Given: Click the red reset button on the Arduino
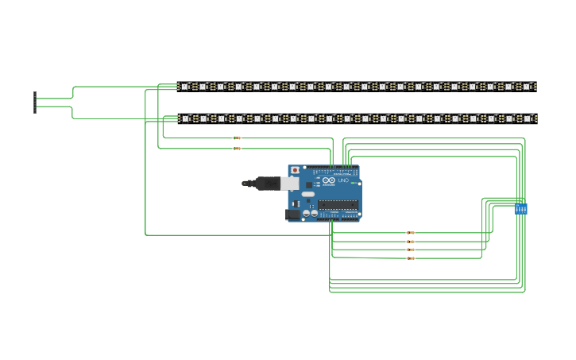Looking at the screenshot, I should (x=296, y=170).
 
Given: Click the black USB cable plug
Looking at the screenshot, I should (x=261, y=184).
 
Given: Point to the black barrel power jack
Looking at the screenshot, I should (x=292, y=213).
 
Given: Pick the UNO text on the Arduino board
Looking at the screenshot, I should (x=344, y=183).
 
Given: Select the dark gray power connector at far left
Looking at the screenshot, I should (x=35, y=103).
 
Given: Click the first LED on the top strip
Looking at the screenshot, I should (x=184, y=87).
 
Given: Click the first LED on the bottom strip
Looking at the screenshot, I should (x=184, y=118).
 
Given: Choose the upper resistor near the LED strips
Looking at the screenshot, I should (x=236, y=138).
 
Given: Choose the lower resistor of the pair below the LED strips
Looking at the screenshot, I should (x=236, y=148).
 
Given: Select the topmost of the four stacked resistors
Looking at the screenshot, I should (x=410, y=233).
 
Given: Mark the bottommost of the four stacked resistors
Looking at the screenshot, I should (x=410, y=258).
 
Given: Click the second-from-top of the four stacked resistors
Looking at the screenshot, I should (x=410, y=242).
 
